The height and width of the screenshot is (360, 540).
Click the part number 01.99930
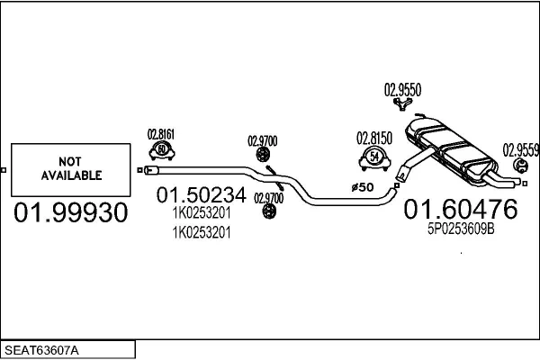71,212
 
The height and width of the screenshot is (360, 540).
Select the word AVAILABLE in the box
71,175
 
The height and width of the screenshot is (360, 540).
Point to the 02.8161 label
160,134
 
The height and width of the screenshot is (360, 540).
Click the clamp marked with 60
161,151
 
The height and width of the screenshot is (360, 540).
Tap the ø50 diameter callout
361,187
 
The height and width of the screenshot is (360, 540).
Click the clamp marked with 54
374,159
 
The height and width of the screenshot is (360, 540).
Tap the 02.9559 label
520,149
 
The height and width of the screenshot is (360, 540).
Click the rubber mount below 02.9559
519,168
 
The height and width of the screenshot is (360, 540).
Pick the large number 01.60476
460,210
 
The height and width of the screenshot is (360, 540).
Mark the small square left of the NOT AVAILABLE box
4,169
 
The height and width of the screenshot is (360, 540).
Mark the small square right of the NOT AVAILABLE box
138,169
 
